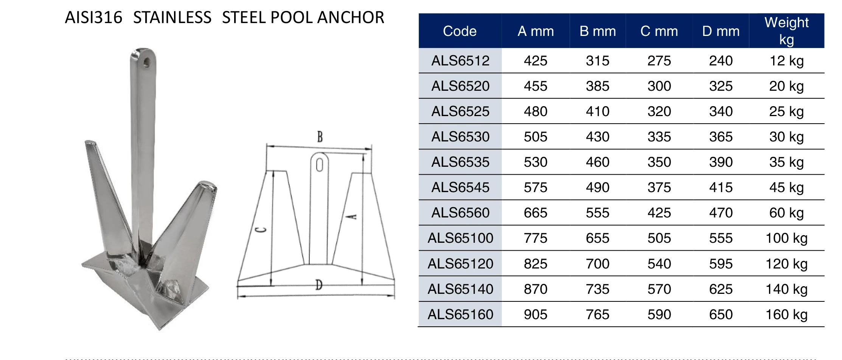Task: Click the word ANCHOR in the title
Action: click(x=351, y=17)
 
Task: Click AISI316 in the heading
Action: click(x=93, y=17)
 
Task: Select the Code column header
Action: click(x=460, y=31)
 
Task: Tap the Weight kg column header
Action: click(x=786, y=31)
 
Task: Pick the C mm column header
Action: click(x=659, y=31)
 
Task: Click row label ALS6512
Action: click(x=460, y=61)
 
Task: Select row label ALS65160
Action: click(x=460, y=314)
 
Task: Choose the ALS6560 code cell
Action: click(x=460, y=213)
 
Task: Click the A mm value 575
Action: click(x=536, y=187)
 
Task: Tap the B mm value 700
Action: click(x=598, y=264)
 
